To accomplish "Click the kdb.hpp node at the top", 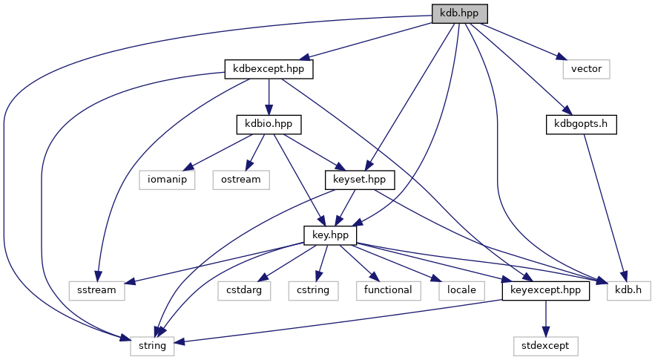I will pos(460,13).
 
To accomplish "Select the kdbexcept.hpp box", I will pos(269,70).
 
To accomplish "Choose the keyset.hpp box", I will pos(361,179).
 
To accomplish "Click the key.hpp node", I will pos(331,235).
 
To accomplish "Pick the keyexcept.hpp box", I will pos(546,290).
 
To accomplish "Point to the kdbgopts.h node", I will pos(582,124).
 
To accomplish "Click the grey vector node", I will pos(586,70).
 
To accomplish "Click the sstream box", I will pos(96,290).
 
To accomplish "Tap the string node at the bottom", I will pos(152,345).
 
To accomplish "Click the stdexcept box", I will pos(546,345).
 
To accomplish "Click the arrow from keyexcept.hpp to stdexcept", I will pos(546,318).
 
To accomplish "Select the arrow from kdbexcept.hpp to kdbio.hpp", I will pos(269,96).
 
